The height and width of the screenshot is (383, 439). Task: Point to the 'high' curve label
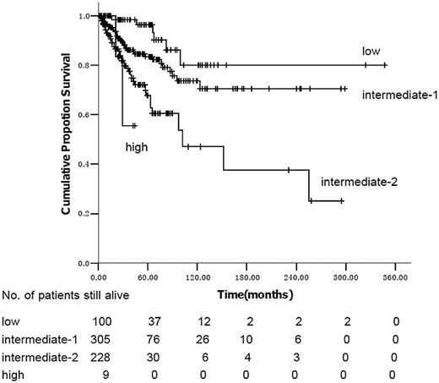point(136,146)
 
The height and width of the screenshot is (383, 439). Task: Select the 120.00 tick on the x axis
point(198,276)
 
